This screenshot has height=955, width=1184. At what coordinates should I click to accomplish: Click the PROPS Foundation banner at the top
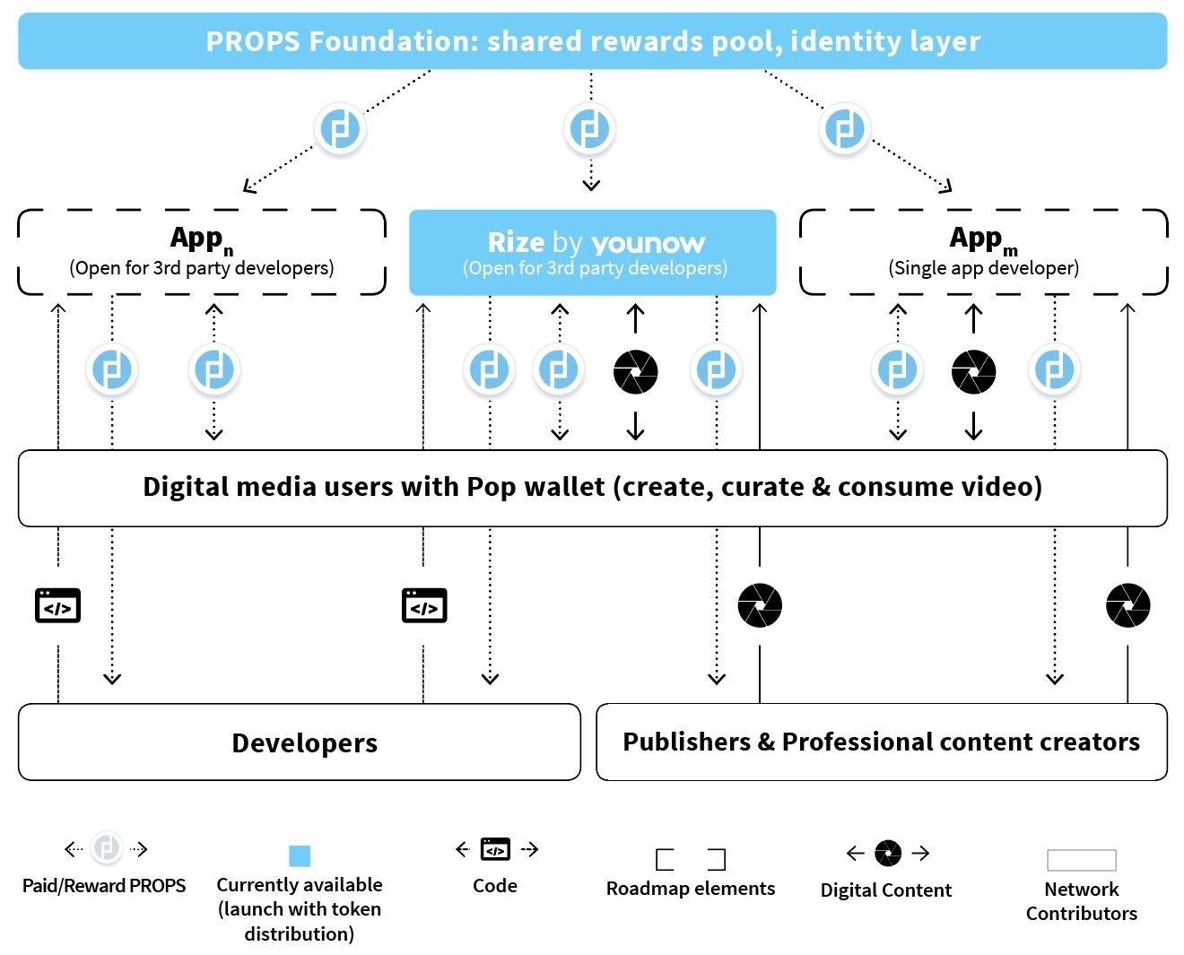click(592, 41)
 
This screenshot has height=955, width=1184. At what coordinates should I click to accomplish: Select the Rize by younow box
click(592, 253)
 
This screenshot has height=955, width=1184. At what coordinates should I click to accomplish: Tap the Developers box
click(299, 742)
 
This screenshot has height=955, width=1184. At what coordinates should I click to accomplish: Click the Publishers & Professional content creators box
click(881, 742)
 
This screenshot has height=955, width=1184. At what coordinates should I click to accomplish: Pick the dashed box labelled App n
click(202, 252)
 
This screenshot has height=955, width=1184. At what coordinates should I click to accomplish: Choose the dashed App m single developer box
click(983, 252)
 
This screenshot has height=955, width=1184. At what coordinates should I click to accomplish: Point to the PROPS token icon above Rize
click(590, 129)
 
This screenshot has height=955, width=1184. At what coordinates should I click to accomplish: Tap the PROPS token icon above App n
click(341, 129)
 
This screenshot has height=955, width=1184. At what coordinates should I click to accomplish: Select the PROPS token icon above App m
click(844, 129)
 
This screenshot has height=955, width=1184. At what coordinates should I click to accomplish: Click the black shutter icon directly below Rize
click(635, 371)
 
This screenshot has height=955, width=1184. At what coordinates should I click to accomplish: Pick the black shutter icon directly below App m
click(973, 371)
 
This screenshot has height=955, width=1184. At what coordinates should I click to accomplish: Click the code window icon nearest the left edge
click(57, 606)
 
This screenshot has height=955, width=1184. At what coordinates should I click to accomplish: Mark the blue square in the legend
click(300, 855)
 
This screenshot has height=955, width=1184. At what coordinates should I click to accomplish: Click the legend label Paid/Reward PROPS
click(104, 886)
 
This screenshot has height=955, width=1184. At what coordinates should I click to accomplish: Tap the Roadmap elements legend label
click(691, 889)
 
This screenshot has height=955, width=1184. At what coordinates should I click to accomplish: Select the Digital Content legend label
click(886, 890)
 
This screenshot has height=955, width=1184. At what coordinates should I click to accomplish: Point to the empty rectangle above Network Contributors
click(1082, 860)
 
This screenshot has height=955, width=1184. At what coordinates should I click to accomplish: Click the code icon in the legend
click(495, 848)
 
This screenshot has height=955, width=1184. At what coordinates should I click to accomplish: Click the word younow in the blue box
click(649, 243)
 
